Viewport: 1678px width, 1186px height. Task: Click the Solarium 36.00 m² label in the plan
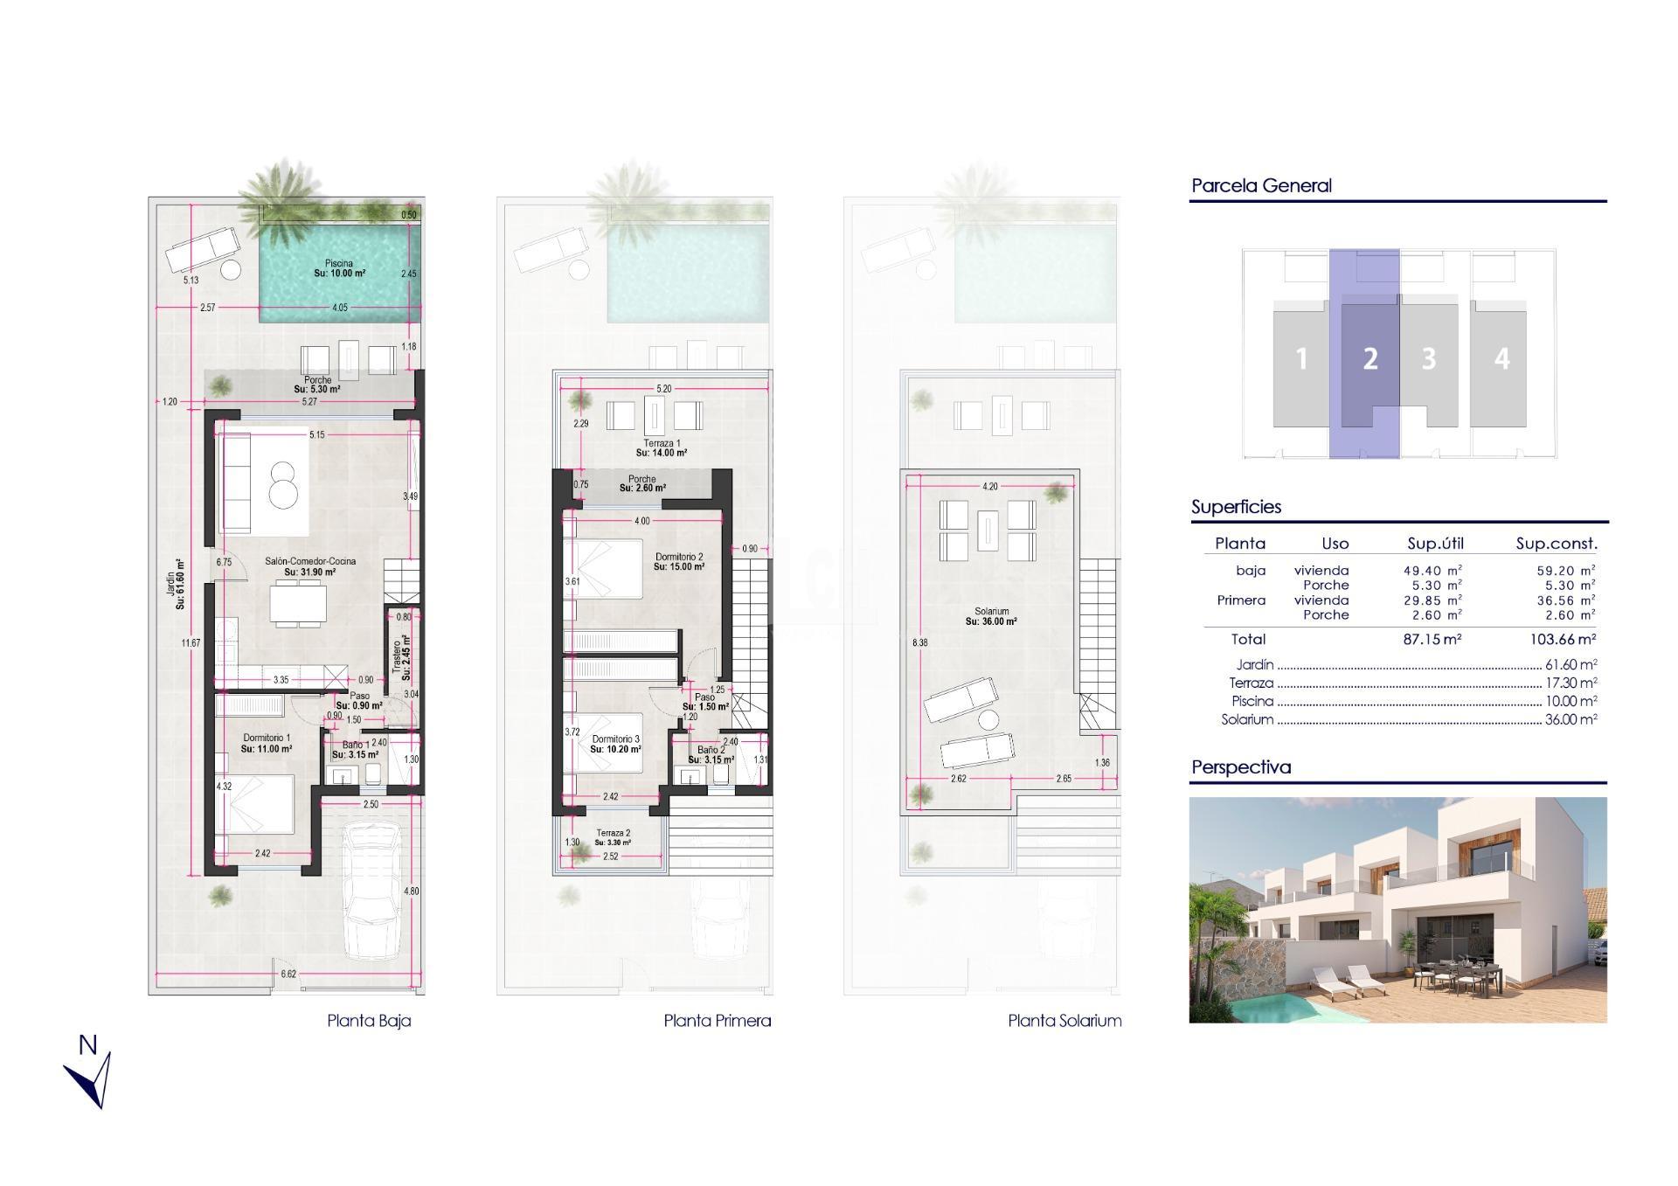click(x=991, y=616)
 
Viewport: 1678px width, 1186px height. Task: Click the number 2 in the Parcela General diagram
click(x=1369, y=358)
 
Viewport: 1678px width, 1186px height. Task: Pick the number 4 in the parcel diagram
click(x=1501, y=358)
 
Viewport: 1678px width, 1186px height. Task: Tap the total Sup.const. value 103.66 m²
click(x=1563, y=639)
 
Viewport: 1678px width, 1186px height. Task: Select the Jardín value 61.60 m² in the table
click(x=1571, y=664)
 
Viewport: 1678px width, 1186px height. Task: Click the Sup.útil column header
click(x=1435, y=543)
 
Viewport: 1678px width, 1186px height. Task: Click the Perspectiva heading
click(x=1240, y=766)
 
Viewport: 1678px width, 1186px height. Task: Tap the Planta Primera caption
click(x=717, y=1020)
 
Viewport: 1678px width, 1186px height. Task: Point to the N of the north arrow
click(x=87, y=1044)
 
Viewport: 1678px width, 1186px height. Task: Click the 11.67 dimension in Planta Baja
click(x=191, y=643)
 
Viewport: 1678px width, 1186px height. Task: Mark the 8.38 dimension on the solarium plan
click(x=919, y=642)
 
